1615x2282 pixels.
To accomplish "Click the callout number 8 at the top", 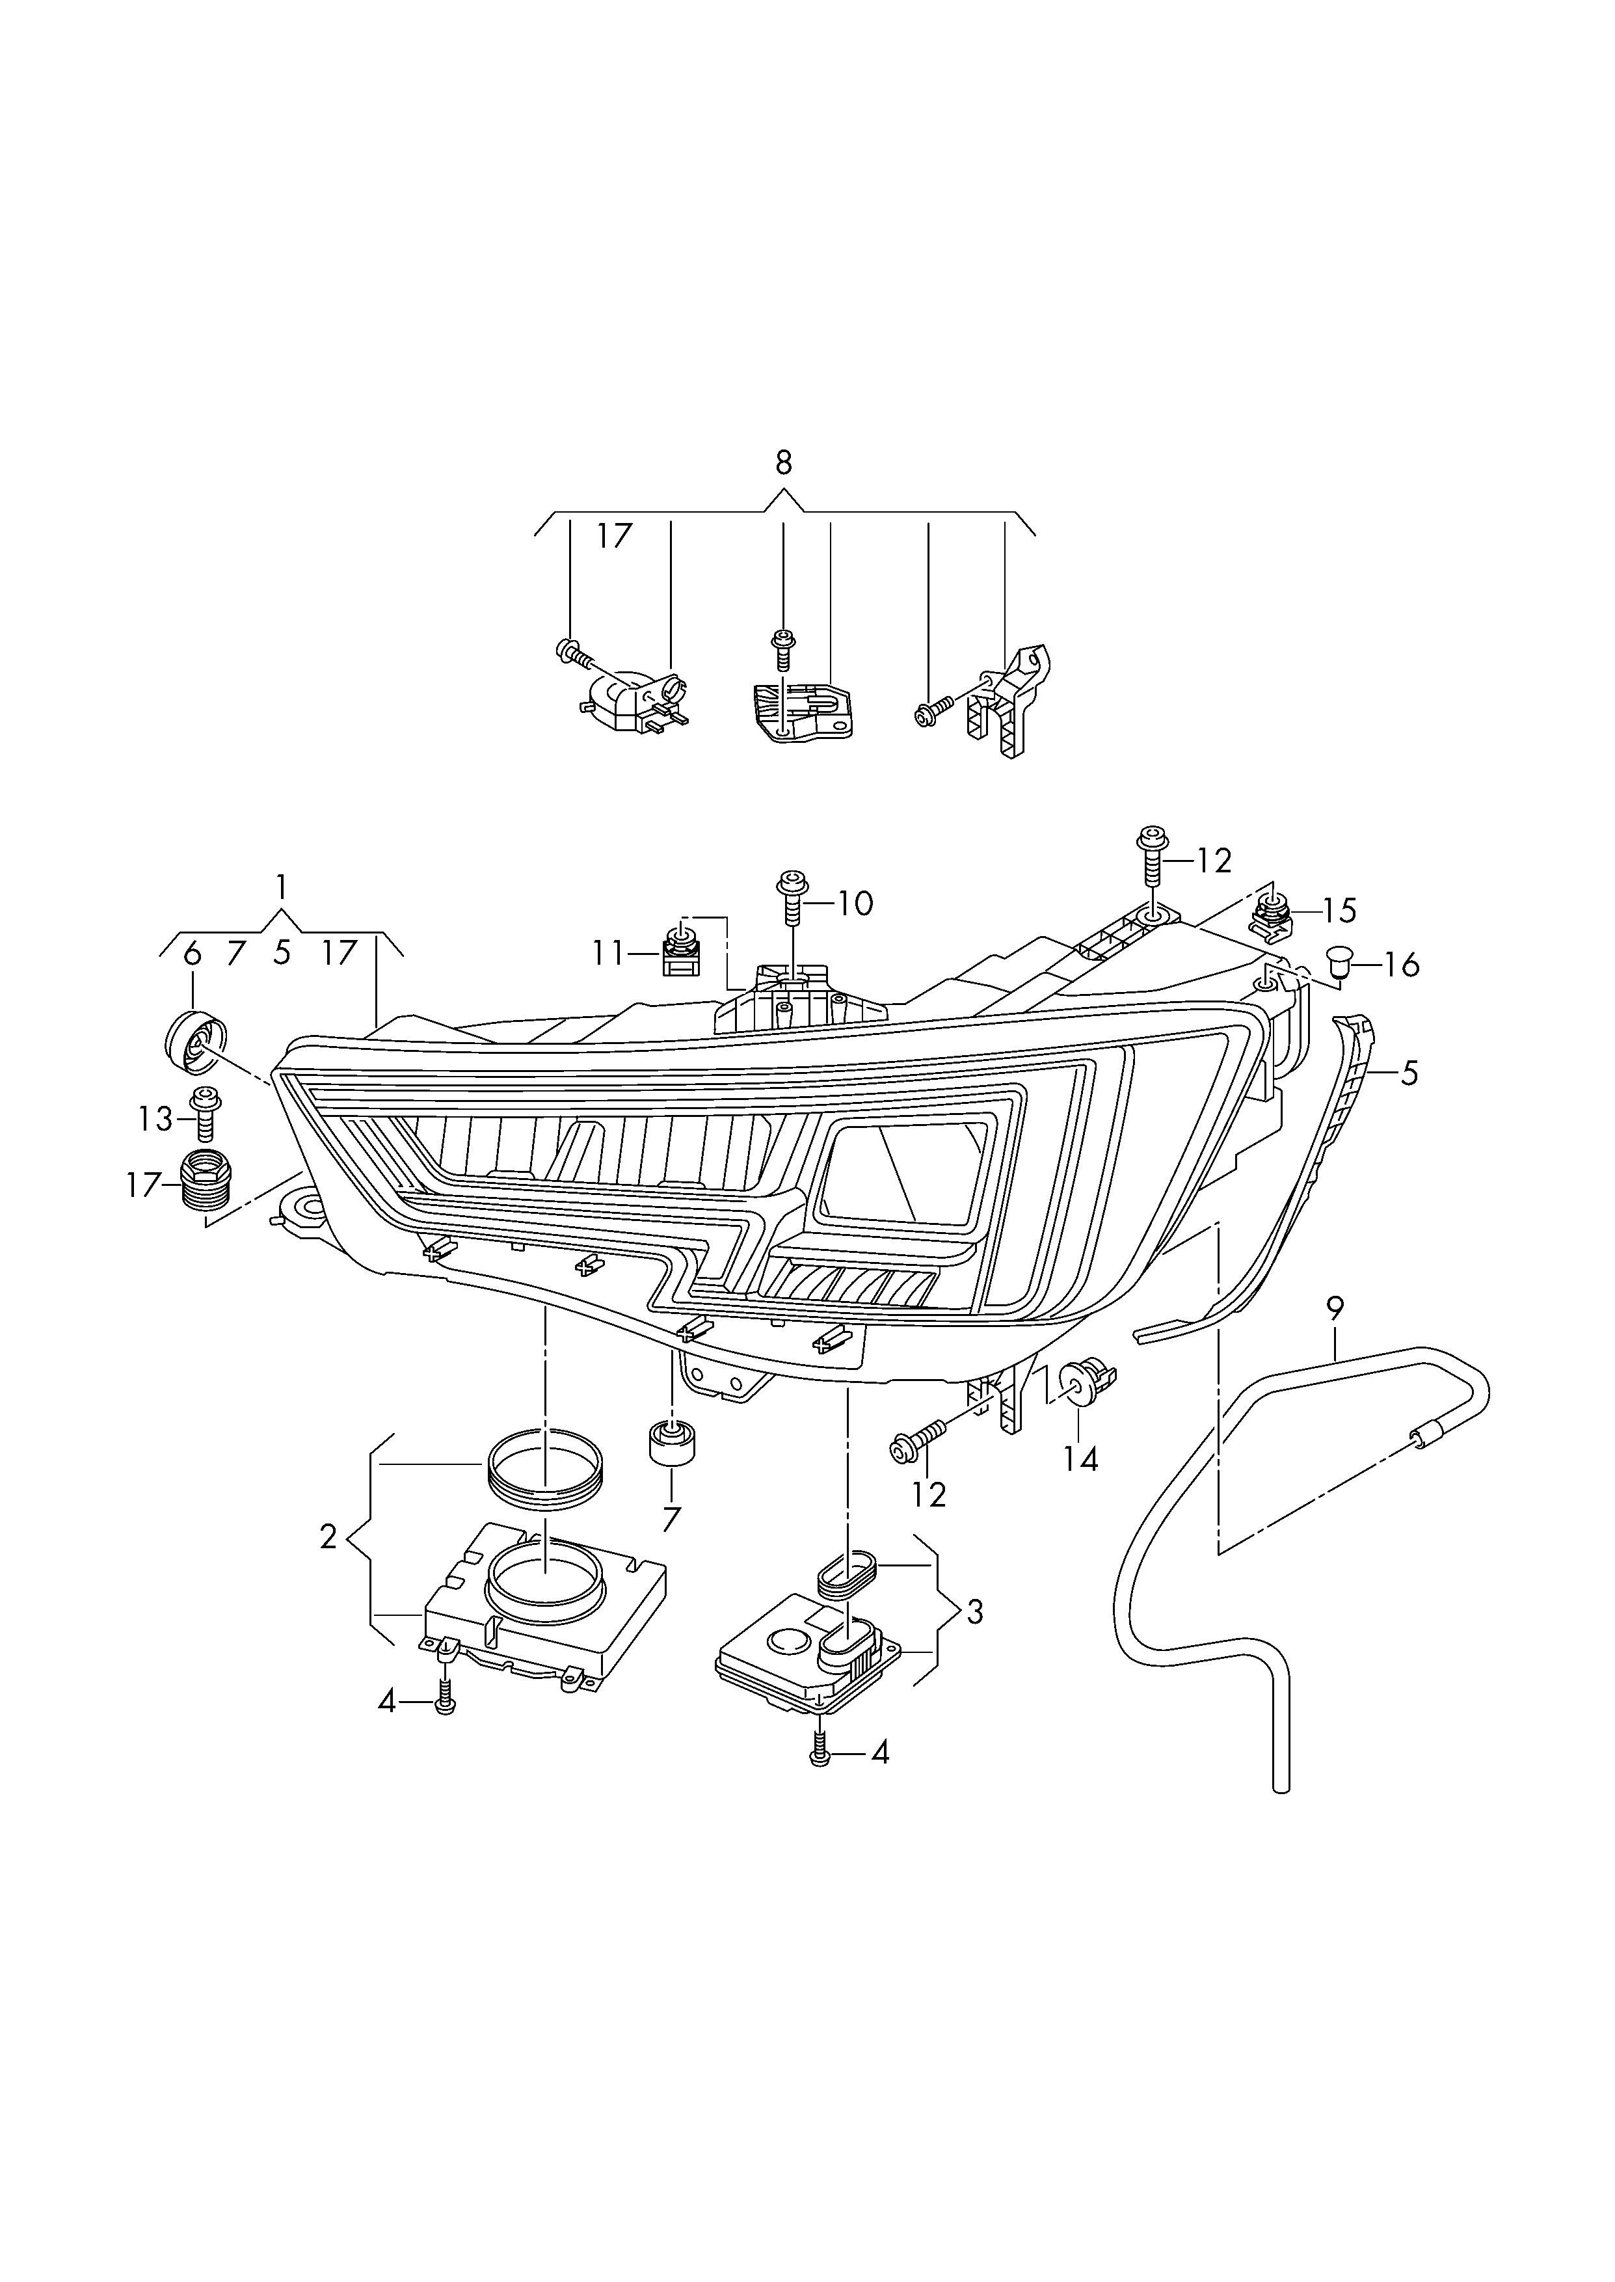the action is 784,463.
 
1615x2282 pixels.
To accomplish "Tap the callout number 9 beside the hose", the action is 1335,1308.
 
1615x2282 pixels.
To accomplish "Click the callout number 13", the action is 156,1120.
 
